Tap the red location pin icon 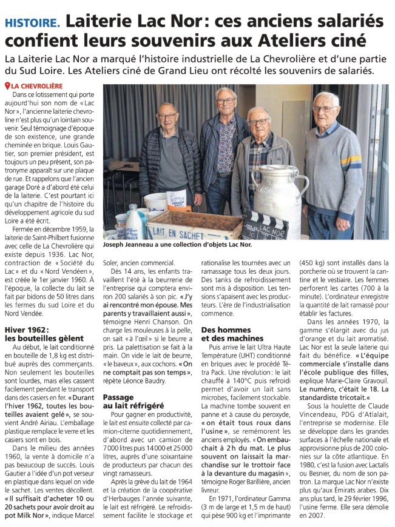(7, 86)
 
